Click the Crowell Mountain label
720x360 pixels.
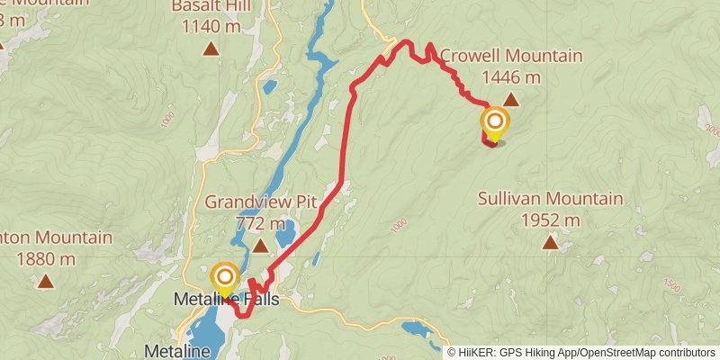(510, 57)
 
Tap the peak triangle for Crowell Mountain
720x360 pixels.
(510, 100)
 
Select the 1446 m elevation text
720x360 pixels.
(511, 77)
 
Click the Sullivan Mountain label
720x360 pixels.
(550, 199)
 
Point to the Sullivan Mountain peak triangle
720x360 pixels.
(550, 242)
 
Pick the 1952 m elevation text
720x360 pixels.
(550, 220)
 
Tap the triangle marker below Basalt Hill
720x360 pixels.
(211, 49)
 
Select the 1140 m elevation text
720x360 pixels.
(211, 26)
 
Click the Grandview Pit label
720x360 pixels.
(260, 202)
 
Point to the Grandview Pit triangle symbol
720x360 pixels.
(260, 246)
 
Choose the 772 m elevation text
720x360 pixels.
(260, 222)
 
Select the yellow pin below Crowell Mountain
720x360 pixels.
(495, 123)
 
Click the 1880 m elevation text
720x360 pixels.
(45, 259)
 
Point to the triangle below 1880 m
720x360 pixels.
(45, 282)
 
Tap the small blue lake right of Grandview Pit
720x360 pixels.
(285, 235)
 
